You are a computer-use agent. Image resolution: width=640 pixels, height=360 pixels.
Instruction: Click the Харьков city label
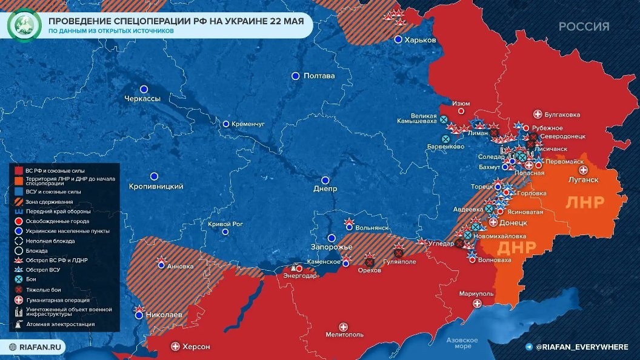(x=422, y=39)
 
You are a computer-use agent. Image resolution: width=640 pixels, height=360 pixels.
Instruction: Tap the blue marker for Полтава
(x=295, y=76)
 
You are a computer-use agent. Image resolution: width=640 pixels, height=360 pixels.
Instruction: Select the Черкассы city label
(x=142, y=99)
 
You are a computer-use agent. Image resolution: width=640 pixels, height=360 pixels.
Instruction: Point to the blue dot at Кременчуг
(x=226, y=124)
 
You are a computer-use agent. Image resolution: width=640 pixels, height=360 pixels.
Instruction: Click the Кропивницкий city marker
(x=154, y=176)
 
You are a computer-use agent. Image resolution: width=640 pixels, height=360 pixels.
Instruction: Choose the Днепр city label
(x=325, y=189)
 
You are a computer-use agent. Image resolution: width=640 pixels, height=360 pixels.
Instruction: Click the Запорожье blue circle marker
(x=332, y=238)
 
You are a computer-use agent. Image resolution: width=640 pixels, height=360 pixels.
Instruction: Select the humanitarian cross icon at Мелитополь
(x=344, y=326)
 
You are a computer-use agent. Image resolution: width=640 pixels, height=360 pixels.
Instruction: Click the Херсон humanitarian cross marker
(x=176, y=346)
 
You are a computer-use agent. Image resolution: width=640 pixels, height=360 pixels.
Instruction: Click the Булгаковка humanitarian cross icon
(x=537, y=114)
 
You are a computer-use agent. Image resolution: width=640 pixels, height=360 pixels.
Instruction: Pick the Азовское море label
(x=462, y=343)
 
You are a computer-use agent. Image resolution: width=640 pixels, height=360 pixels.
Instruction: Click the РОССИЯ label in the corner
(x=584, y=26)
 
